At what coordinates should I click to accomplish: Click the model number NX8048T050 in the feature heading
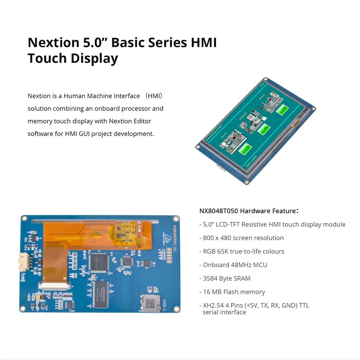[219, 211]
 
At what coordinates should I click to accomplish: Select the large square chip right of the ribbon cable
[99, 262]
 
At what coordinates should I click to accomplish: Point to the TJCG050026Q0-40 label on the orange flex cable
[70, 238]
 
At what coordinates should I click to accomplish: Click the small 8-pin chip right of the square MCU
[145, 264]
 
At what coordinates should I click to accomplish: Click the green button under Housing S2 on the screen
[264, 129]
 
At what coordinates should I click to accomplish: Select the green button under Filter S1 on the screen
[245, 148]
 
